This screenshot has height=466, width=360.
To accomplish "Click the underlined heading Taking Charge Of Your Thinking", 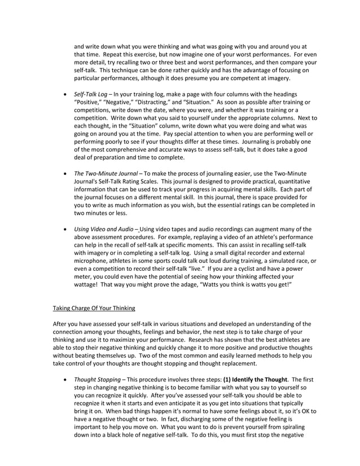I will (94, 308).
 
